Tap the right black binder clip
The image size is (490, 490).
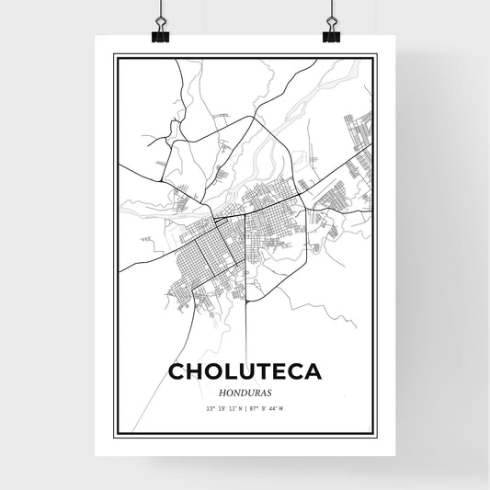[x=331, y=35]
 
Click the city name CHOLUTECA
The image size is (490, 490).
[x=245, y=372]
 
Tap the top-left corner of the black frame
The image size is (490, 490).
[x=115, y=56]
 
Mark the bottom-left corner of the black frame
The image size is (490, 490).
[x=115, y=437]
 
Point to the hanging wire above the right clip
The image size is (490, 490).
[x=331, y=11]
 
